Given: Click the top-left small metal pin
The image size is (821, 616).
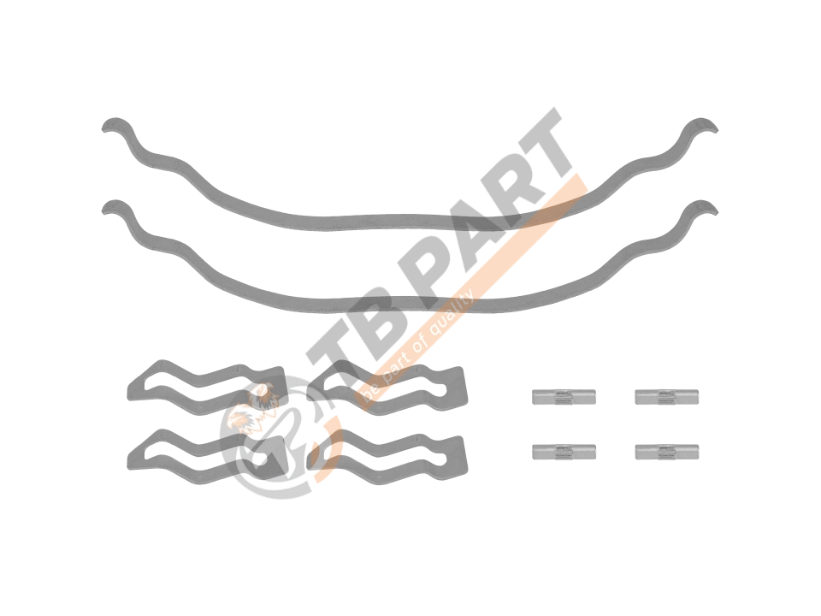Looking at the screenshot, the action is pos(564,397).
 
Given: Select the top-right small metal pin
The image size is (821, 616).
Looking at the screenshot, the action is pos(666,397).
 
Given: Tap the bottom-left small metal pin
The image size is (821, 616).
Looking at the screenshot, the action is pos(564,452).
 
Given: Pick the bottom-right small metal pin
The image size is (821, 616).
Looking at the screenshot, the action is pos(666,452).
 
